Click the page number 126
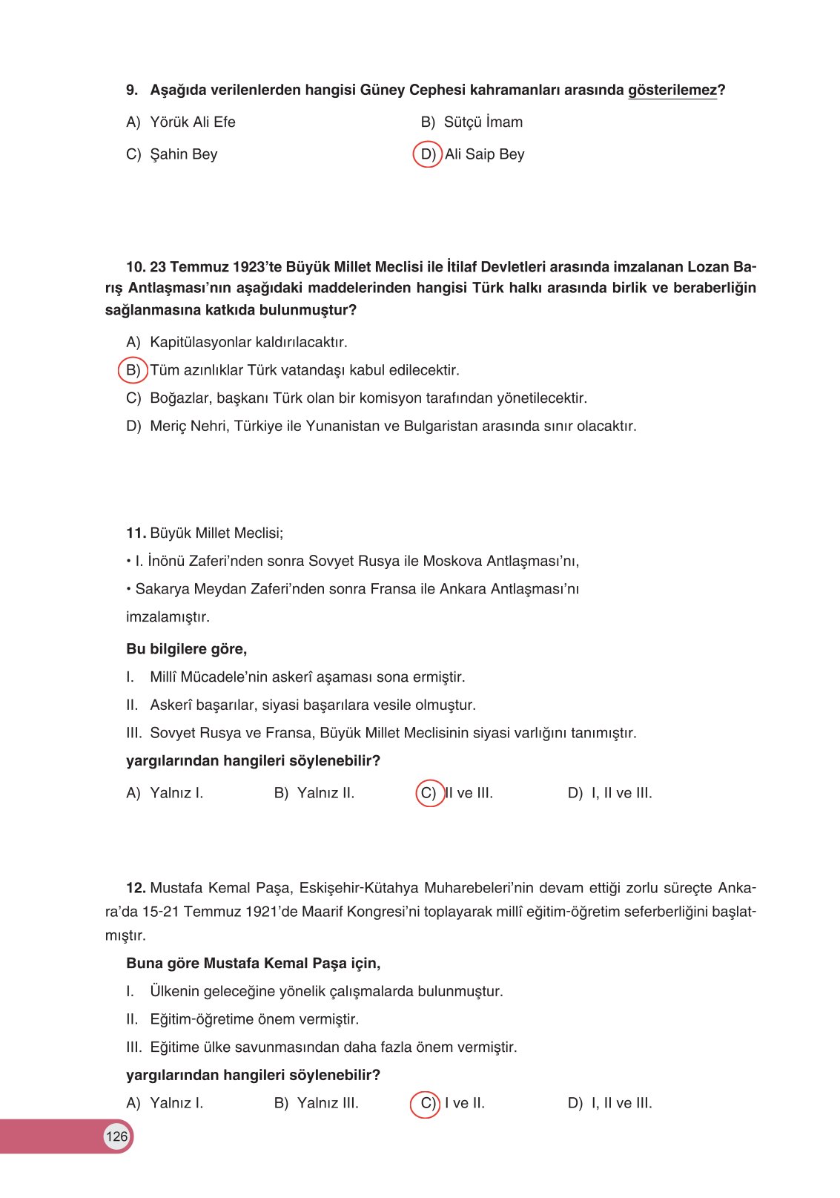coord(116,1136)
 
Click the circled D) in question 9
coord(428,154)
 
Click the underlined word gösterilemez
coord(672,90)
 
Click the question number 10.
coord(136,267)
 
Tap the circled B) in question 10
coord(133,370)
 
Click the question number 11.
coord(136,533)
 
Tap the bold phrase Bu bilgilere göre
coord(186,649)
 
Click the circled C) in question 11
coord(429,793)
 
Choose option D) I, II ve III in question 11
coord(609,793)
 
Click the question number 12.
coord(136,888)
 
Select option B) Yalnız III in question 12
coord(316,1103)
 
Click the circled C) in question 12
coord(426,1103)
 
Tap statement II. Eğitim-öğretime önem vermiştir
coord(254,1019)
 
